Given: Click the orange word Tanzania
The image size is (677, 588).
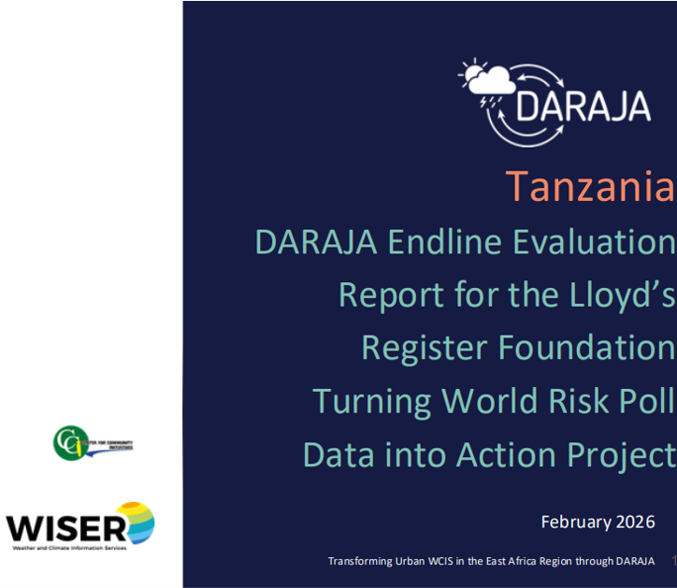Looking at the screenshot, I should tap(590, 187).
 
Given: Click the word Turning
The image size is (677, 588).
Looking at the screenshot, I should tap(372, 400).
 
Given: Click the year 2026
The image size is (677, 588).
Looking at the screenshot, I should tap(637, 522).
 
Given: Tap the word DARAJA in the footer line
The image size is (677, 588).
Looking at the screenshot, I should tap(633, 561).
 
